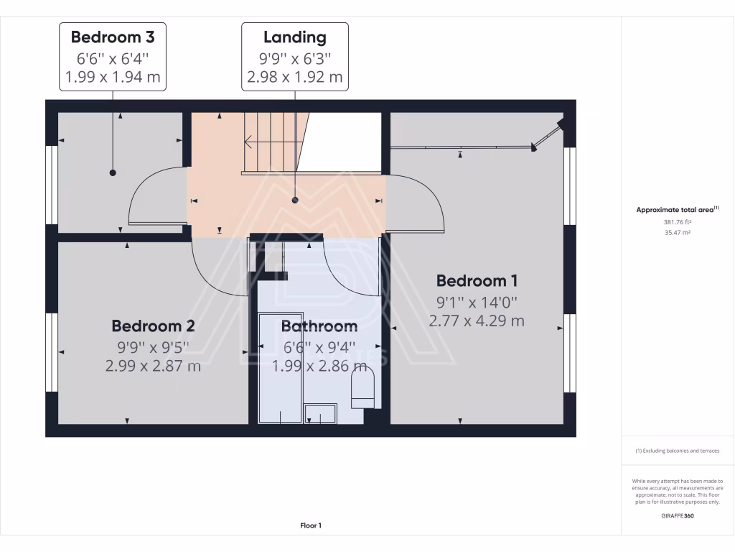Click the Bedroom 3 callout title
[113, 36]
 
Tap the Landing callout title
[294, 37]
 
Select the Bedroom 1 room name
[477, 280]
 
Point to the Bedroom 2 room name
[153, 326]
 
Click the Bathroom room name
[319, 326]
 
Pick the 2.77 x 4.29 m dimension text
[477, 321]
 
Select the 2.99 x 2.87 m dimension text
[153, 366]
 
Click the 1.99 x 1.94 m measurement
[113, 77]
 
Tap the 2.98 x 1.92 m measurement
[294, 77]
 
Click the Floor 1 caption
[311, 526]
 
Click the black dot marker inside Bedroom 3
[113, 172]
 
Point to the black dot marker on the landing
[294, 201]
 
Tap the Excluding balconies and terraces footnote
[677, 451]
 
